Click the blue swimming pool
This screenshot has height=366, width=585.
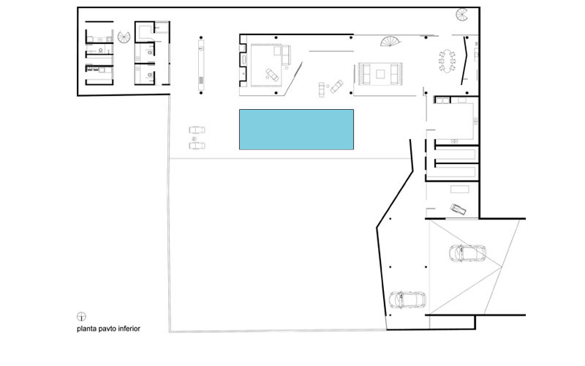click(296, 130)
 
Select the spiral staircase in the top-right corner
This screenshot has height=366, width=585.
click(462, 15)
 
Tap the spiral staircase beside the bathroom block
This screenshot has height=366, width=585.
click(124, 37)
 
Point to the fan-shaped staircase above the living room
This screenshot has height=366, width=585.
click(390, 41)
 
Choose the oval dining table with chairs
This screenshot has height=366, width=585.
click(447, 61)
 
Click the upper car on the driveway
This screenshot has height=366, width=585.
click(467, 253)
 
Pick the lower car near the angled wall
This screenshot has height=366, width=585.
click(407, 299)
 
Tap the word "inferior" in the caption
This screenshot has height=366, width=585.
click(129, 329)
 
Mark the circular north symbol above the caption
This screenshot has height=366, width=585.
click(81, 317)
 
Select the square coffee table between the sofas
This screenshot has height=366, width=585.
click(380, 74)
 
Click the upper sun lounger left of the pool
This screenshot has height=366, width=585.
click(197, 130)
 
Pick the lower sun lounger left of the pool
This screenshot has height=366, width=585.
click(197, 146)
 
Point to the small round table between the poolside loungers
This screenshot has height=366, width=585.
click(194, 139)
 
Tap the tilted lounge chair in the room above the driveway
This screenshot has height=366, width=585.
click(458, 209)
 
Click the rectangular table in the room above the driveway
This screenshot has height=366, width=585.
click(460, 190)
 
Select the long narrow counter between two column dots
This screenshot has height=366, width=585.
click(201, 65)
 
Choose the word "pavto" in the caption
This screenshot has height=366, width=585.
click(107, 329)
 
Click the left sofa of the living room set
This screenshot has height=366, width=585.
click(365, 74)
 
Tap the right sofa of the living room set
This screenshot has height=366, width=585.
click(396, 74)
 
